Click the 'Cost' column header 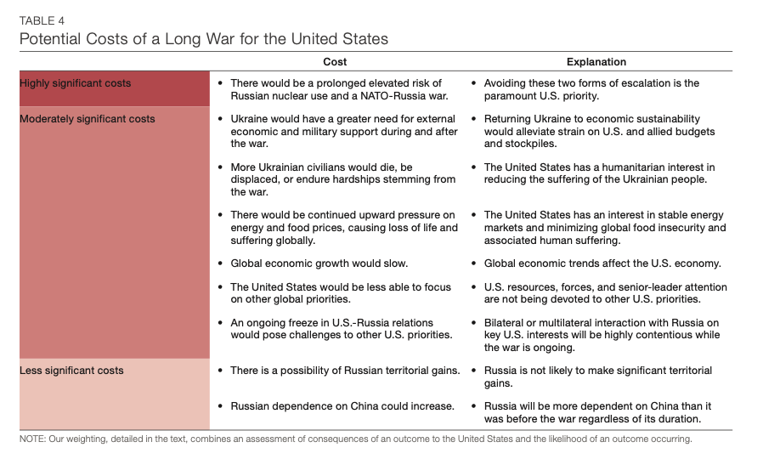(x=335, y=62)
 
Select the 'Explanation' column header (x=596, y=62)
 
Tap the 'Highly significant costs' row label (x=76, y=83)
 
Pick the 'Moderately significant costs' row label (x=88, y=119)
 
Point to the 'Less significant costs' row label (x=71, y=371)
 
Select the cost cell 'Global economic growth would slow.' (x=319, y=263)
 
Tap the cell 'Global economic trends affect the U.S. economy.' (x=602, y=263)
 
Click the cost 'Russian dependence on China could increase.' (x=342, y=406)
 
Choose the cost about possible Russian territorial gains (x=345, y=371)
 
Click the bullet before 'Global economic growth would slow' (x=221, y=263)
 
